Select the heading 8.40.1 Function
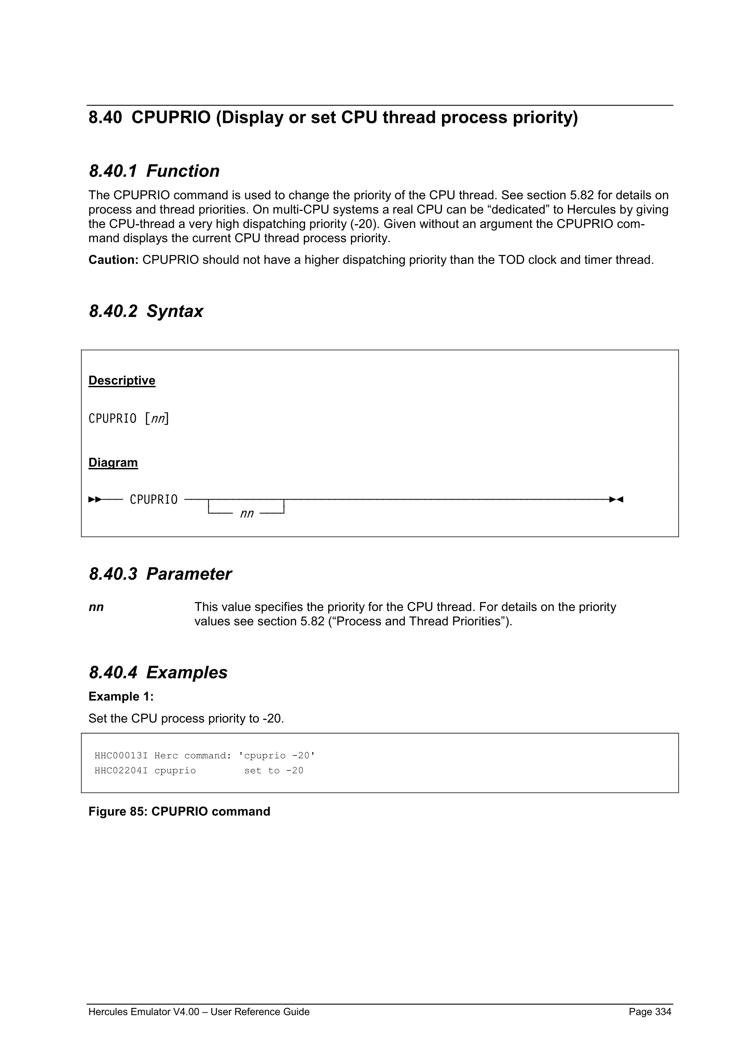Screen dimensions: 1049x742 154,171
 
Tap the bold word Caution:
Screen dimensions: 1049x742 113,260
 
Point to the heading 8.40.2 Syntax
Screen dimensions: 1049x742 146,311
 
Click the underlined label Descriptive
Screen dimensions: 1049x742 122,381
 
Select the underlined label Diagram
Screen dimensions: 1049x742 113,462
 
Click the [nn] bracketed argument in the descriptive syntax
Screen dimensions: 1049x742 157,418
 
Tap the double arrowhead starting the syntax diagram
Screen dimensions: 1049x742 95,499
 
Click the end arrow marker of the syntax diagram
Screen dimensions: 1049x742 616,499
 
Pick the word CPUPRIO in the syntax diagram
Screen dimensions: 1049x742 154,499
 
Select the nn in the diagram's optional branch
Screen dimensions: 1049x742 247,513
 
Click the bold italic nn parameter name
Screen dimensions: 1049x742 96,607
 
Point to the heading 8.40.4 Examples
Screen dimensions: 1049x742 158,673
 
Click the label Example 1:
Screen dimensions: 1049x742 121,696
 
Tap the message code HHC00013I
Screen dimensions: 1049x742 121,756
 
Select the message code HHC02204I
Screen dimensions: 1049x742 121,771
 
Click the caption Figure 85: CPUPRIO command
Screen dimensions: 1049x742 179,812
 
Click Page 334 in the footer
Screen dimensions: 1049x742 650,1011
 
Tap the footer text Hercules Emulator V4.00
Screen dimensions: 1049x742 144,1011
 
